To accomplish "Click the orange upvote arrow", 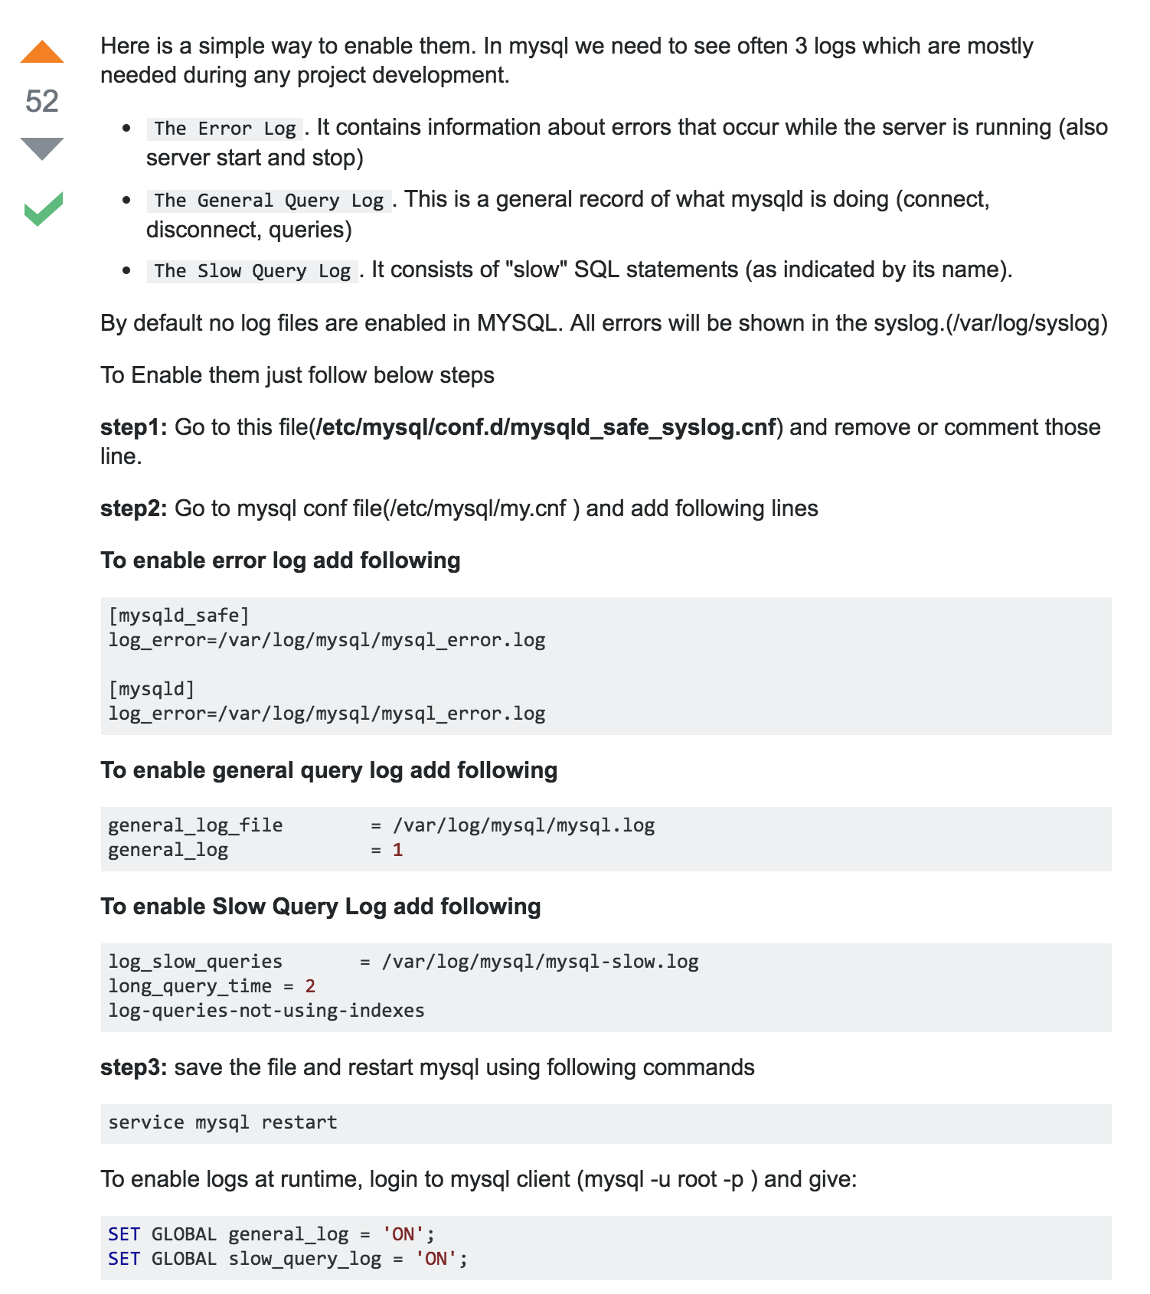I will click(42, 52).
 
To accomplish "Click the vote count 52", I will click(42, 101).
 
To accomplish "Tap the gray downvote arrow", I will click(42, 148).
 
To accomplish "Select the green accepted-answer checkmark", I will click(43, 208).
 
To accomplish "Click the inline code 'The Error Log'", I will click(225, 129).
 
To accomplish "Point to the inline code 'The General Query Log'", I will click(269, 201).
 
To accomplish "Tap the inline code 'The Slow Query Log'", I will click(253, 271).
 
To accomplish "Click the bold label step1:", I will click(133, 427).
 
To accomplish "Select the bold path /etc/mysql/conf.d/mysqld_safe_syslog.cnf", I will click(546, 427).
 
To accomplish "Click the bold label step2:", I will click(133, 508).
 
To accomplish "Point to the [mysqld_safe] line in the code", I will click(179, 616).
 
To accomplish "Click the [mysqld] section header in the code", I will click(152, 689).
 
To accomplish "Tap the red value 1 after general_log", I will click(397, 850).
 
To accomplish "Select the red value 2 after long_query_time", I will click(310, 986).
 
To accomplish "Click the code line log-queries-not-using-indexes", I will click(266, 1011).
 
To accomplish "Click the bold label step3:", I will click(133, 1067).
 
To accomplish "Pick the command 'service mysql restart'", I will click(223, 1122).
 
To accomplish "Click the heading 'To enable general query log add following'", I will click(329, 770).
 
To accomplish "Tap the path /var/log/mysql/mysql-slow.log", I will click(540, 962).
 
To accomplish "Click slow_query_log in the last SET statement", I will click(305, 1259).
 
